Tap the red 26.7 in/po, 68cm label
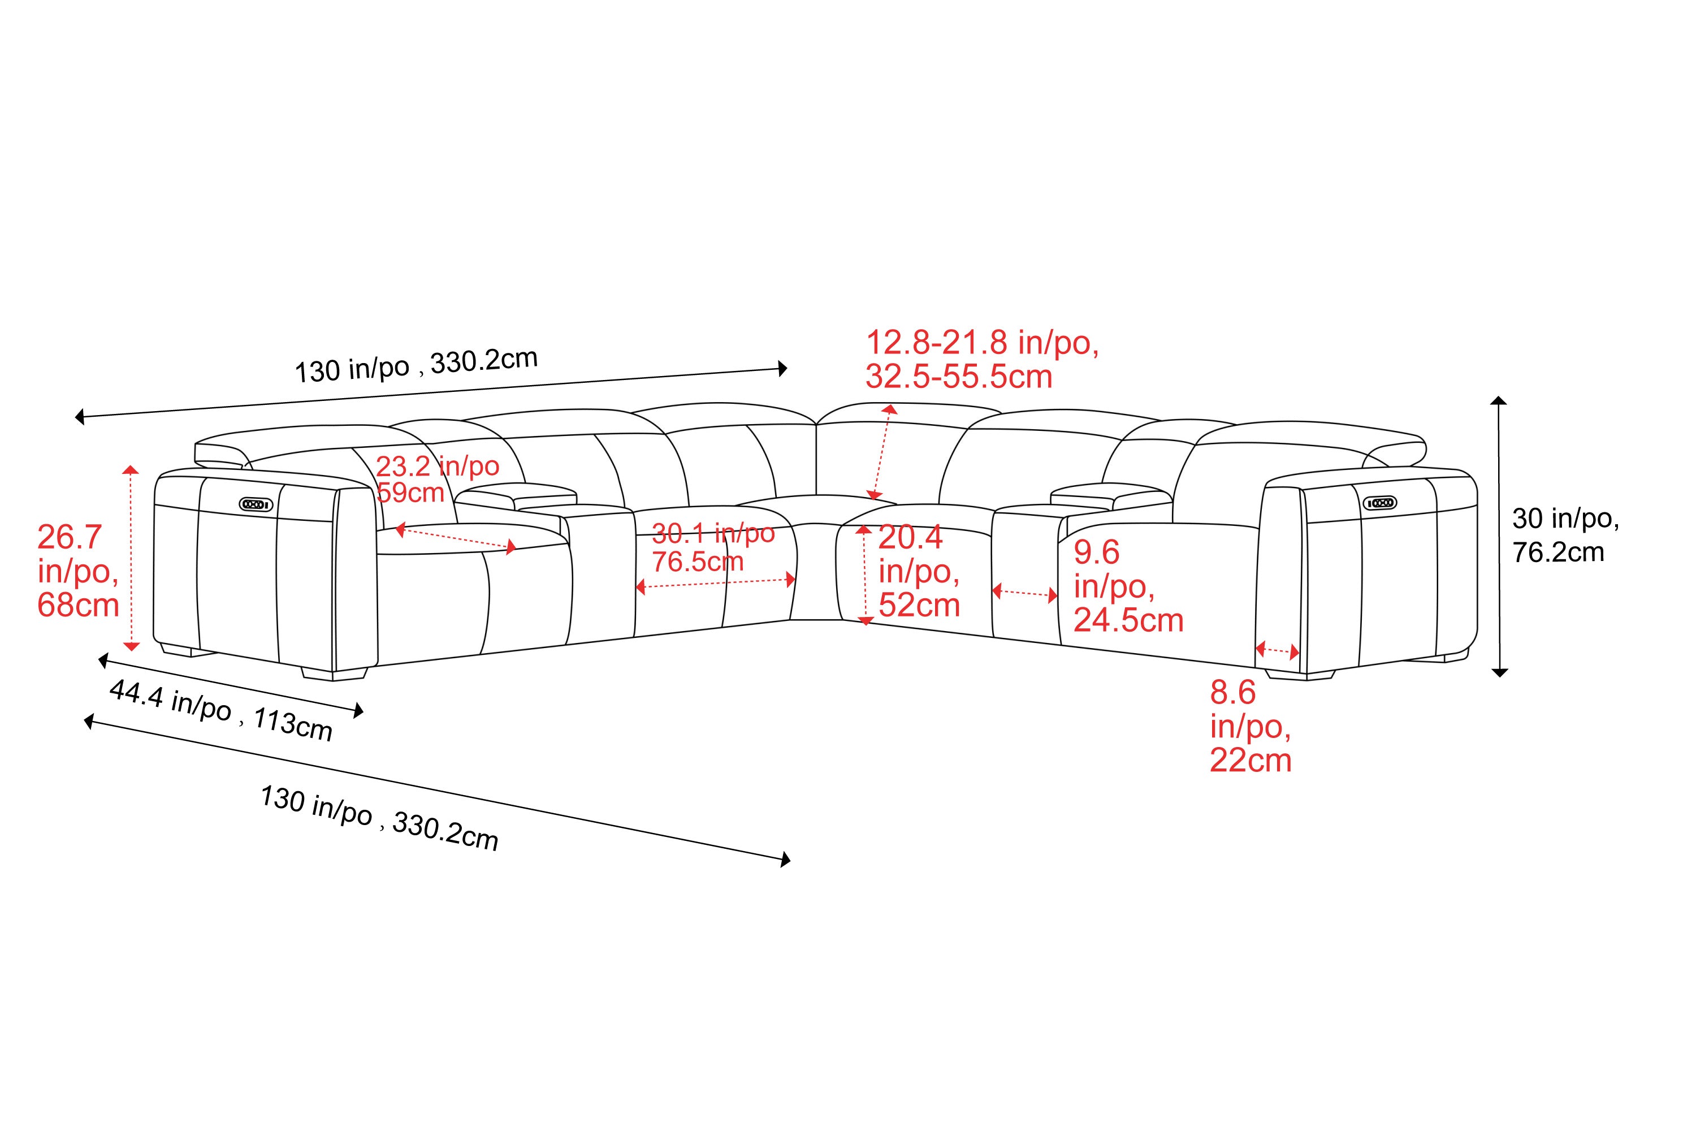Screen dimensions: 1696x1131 tap(78, 571)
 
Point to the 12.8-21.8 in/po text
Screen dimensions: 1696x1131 tap(982, 343)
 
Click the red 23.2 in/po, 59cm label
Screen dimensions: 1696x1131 tap(438, 479)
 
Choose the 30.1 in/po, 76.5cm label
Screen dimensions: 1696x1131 tap(713, 547)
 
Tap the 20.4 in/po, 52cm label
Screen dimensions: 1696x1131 tap(919, 571)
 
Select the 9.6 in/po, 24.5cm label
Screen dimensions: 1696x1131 tap(1128, 586)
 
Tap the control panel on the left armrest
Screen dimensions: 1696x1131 tap(257, 504)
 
